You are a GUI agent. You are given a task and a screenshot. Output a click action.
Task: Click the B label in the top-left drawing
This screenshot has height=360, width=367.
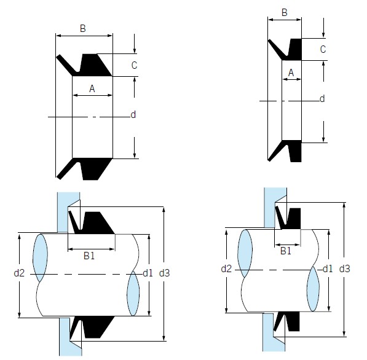click(84, 28)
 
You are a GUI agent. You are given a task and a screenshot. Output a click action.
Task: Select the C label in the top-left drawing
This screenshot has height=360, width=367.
click(134, 65)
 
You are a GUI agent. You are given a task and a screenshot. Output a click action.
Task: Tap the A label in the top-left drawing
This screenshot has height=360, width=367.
click(92, 88)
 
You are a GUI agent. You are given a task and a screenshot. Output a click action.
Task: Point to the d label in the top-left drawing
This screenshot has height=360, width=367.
click(133, 115)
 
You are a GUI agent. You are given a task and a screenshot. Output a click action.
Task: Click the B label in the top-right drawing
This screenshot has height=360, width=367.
click(284, 12)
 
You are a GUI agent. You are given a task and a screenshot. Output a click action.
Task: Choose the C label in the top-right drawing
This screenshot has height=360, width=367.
click(322, 50)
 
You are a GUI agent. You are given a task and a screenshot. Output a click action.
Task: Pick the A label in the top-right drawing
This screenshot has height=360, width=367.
click(291, 73)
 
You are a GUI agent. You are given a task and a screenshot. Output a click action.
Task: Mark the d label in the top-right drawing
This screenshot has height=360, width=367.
click(322, 99)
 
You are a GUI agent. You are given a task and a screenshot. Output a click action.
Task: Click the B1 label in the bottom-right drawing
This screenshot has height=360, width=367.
click(286, 251)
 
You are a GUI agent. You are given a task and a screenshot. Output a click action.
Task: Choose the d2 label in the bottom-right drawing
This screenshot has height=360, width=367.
click(227, 268)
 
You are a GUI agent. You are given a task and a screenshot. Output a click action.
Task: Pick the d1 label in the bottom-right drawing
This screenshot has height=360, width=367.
click(327, 268)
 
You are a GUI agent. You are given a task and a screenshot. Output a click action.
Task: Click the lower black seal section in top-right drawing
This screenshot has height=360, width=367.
click(289, 151)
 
